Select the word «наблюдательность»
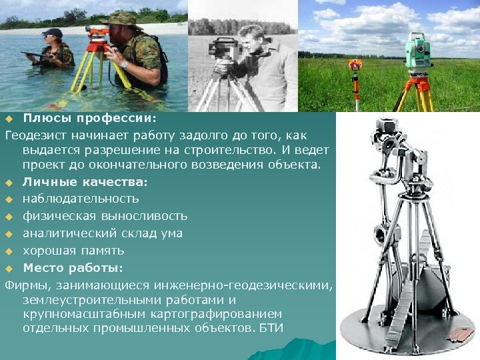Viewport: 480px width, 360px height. [x=81, y=199]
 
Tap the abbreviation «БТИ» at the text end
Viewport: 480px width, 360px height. [x=274, y=328]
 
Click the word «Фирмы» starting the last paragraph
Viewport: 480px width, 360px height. [x=25, y=285]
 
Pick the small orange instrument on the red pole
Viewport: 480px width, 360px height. [x=356, y=64]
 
